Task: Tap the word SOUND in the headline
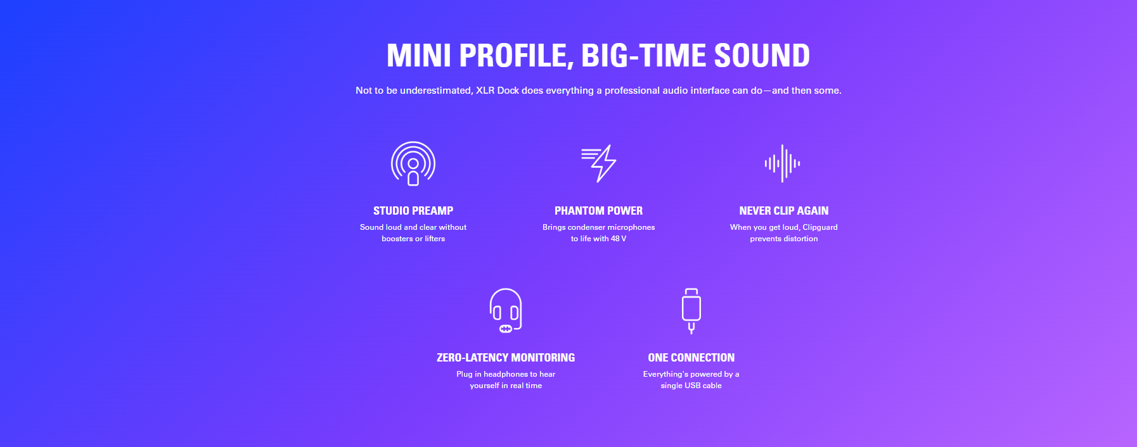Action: pyautogui.click(x=762, y=56)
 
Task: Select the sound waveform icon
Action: pyautogui.click(x=783, y=163)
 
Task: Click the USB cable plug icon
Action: pyautogui.click(x=691, y=311)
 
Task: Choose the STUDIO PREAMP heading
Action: pyautogui.click(x=413, y=211)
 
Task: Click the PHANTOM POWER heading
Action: pyautogui.click(x=599, y=211)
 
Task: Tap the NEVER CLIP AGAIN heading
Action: pyautogui.click(x=784, y=211)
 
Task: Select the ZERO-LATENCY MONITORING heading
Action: pyautogui.click(x=506, y=358)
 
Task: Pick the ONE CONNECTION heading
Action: pyautogui.click(x=691, y=358)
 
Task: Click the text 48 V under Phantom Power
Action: pyautogui.click(x=619, y=239)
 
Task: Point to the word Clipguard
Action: pyautogui.click(x=820, y=227)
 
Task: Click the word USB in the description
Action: pyautogui.click(x=692, y=386)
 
